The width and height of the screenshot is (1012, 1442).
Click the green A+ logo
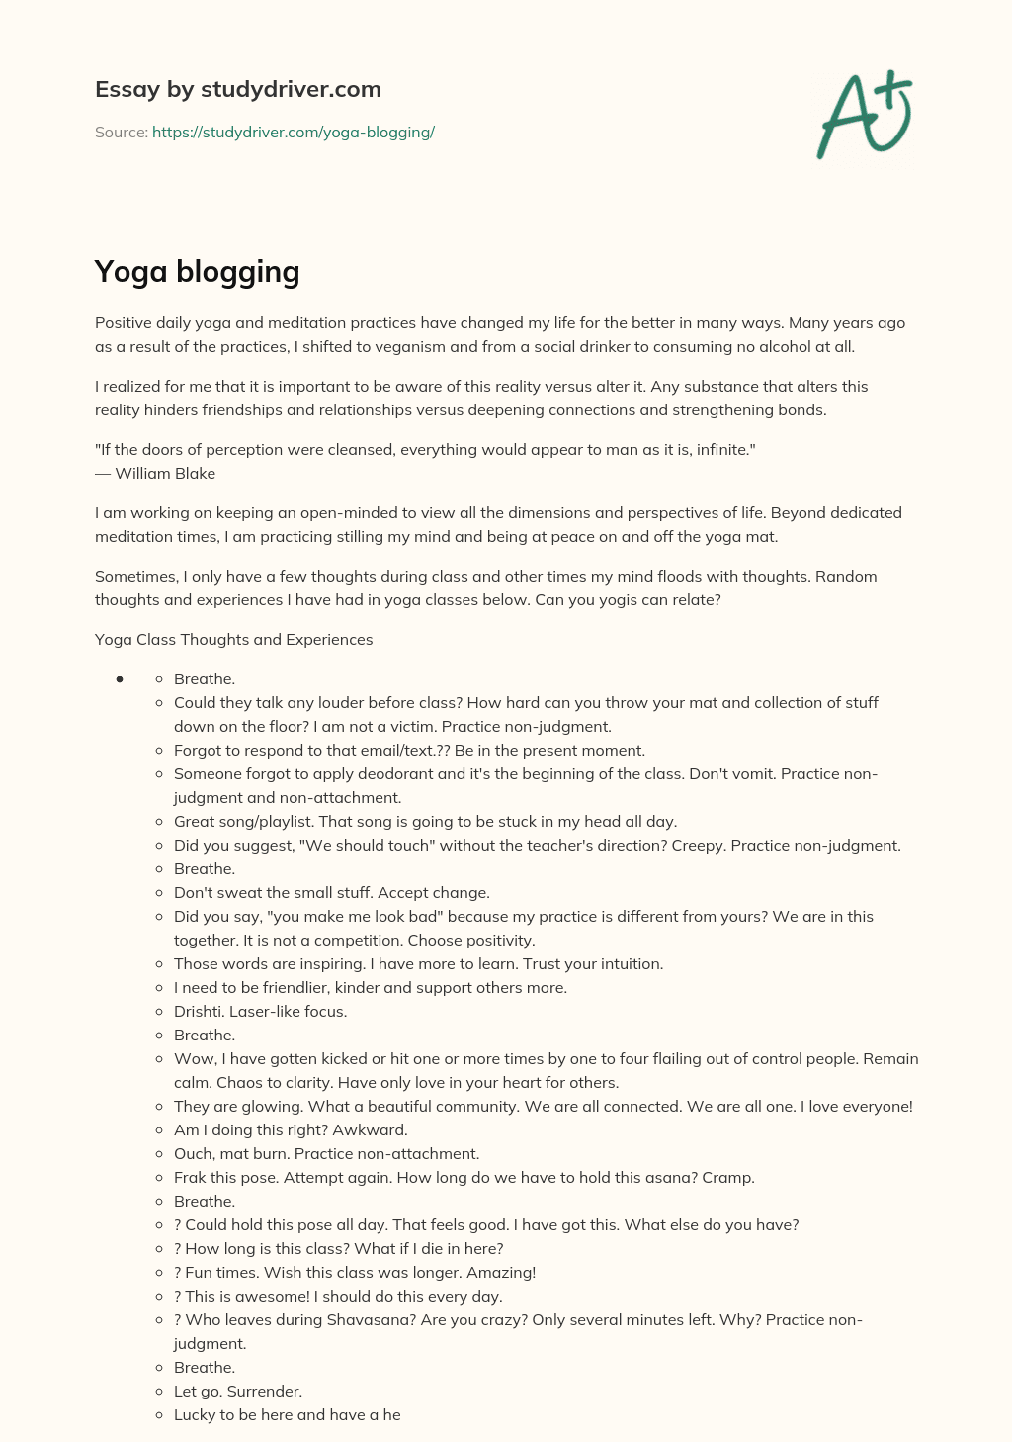point(864,115)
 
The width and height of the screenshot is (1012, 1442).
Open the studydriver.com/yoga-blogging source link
point(294,132)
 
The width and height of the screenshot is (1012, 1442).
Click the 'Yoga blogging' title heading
point(197,271)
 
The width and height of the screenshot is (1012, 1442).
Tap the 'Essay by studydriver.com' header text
point(237,89)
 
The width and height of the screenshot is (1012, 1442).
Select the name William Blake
point(165,473)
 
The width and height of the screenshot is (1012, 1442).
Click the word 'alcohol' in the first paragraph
point(780,346)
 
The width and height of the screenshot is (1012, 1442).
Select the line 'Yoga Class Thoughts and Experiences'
point(233,639)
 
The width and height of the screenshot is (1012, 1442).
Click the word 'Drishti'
point(199,1011)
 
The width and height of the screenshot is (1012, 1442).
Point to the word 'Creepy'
point(698,845)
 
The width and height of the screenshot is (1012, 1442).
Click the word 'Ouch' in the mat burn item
point(193,1153)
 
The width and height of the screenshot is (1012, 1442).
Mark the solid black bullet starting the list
point(119,678)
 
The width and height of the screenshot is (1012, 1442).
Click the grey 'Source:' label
point(121,132)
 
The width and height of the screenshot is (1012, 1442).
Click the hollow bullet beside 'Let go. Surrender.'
point(160,1392)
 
